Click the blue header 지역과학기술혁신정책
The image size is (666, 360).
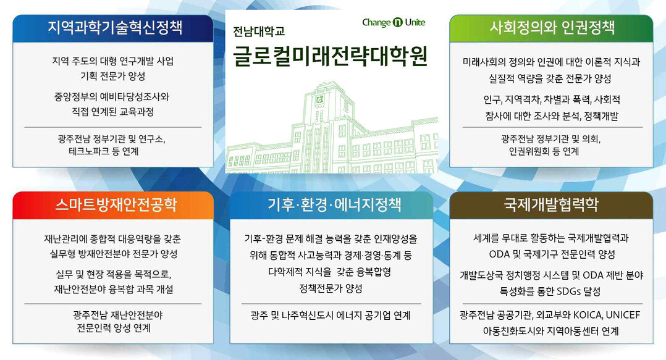(115, 28)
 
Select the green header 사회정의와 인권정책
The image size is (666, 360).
(552, 28)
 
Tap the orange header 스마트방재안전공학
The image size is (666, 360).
(116, 204)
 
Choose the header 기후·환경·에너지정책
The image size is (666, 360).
(334, 204)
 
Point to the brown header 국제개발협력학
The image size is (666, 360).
(551, 204)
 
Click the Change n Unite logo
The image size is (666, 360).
(394, 22)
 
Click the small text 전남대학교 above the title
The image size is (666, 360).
(259, 31)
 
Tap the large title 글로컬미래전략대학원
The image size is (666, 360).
(330, 57)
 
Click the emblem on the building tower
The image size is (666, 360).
(319, 100)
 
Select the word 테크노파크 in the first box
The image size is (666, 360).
(87, 151)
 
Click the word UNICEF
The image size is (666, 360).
(623, 315)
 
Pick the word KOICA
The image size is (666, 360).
(588, 315)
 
